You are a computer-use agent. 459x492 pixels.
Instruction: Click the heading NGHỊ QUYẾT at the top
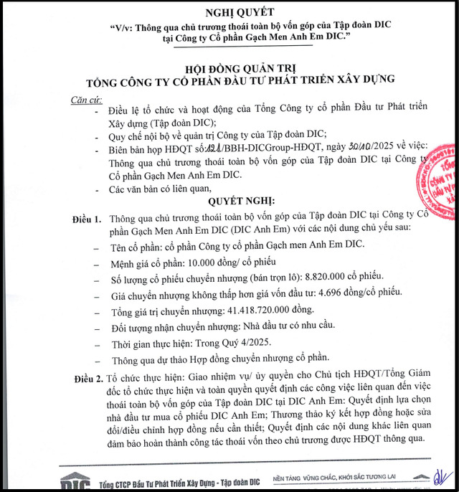pos(229,13)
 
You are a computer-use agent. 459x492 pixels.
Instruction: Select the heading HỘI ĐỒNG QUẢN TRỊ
pos(229,68)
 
